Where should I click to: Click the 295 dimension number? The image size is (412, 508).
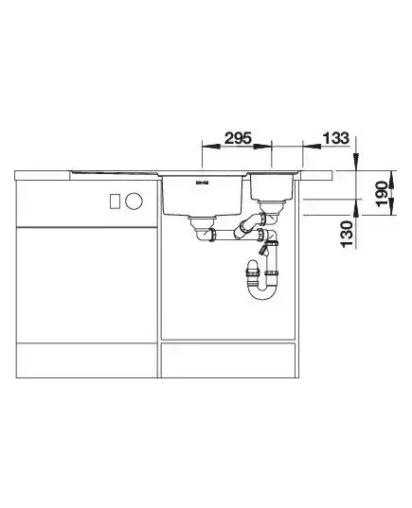coord(238,138)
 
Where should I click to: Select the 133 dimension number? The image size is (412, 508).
coord(336,138)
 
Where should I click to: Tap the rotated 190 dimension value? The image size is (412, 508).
coord(382,193)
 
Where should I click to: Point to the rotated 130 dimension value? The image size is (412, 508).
coord(347,234)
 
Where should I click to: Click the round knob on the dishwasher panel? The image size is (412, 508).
coord(134,201)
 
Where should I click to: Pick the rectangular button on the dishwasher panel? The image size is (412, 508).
coord(116,201)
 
